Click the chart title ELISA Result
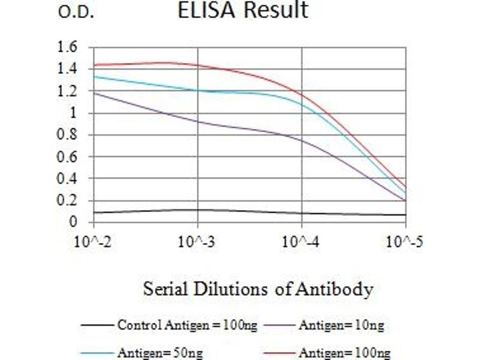pyautogui.click(x=243, y=10)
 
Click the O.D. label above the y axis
pyautogui.click(x=76, y=13)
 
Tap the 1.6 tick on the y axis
pyautogui.click(x=68, y=47)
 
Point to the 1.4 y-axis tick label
pyautogui.click(x=68, y=69)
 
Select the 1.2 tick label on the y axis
pyautogui.click(x=68, y=91)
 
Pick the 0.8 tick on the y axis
pyautogui.click(x=68, y=135)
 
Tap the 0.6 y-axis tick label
pyautogui.click(x=68, y=157)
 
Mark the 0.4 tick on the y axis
pyautogui.click(x=68, y=179)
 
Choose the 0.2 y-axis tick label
pyautogui.click(x=68, y=201)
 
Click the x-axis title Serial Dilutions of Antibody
pyautogui.click(x=258, y=290)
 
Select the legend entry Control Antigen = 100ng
pyautogui.click(x=187, y=326)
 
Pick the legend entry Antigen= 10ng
pyautogui.click(x=341, y=326)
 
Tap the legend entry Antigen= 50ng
pyautogui.click(x=160, y=353)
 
